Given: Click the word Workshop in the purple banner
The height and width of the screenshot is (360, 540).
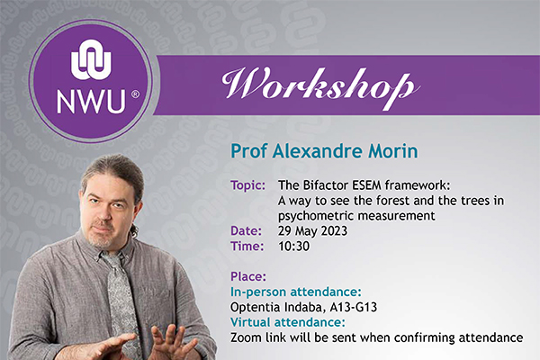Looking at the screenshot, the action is (x=320, y=86).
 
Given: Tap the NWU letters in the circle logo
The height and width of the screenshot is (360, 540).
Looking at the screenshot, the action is (x=91, y=102).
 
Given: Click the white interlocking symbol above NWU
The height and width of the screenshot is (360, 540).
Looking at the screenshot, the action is (x=91, y=59).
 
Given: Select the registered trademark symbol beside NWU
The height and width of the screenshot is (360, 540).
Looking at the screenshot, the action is (x=136, y=94).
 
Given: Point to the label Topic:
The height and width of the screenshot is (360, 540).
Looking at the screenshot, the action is (x=248, y=185).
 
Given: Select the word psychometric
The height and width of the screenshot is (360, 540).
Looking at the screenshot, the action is (x=316, y=216).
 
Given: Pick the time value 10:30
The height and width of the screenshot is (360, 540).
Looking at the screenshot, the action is (x=293, y=246).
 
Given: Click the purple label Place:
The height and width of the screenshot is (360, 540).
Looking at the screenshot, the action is (x=248, y=276).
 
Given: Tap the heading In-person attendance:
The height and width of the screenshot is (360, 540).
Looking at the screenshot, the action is (x=296, y=292).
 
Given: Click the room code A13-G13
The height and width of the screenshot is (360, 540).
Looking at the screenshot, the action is (x=354, y=307).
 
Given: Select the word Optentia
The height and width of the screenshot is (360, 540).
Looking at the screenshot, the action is (x=256, y=307).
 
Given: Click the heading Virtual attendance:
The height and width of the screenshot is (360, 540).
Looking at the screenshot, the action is (x=288, y=322).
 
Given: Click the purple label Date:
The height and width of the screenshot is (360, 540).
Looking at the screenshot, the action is (x=246, y=230).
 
